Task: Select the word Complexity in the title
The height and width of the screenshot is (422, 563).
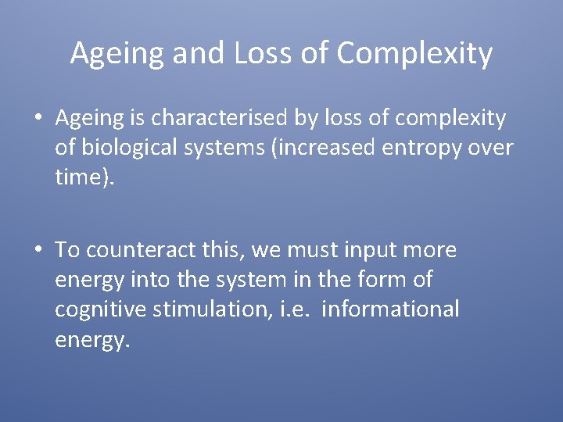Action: (415, 54)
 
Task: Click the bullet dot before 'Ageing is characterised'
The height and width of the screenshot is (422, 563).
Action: (38, 119)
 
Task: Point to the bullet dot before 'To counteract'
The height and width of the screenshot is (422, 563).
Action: (38, 251)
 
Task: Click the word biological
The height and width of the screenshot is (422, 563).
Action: (132, 148)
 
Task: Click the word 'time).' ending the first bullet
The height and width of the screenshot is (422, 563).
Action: (84, 177)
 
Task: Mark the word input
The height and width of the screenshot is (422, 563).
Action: (349, 250)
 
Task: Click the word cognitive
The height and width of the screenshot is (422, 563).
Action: (101, 309)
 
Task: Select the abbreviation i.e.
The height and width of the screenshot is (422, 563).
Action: (296, 309)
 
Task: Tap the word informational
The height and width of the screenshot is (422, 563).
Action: (390, 309)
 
